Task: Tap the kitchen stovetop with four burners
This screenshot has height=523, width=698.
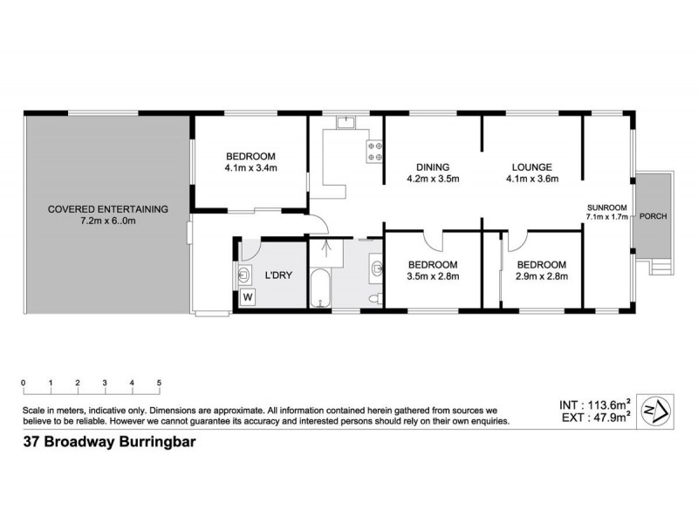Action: [376, 152]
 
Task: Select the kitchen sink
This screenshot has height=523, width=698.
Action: [345, 123]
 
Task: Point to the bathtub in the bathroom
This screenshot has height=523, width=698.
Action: [320, 291]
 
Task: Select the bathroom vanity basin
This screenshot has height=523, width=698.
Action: [376, 267]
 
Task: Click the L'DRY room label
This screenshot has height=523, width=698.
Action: [279, 276]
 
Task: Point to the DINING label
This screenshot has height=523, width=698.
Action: [432, 167]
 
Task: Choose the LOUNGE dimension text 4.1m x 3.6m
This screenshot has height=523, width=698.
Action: [531, 180]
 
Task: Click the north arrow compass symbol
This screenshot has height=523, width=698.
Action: [655, 409]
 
